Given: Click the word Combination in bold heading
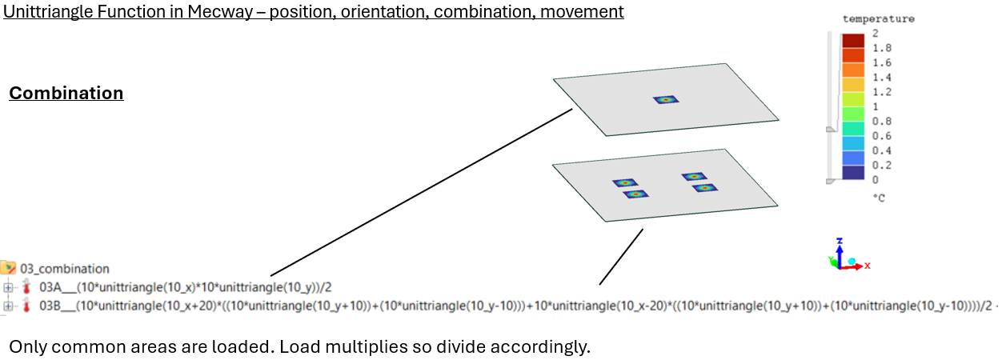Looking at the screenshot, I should (x=66, y=94).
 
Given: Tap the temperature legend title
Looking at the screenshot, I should (x=878, y=18).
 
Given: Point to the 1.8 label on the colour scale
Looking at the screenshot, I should (x=882, y=48).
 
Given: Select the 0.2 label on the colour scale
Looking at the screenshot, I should (x=882, y=166).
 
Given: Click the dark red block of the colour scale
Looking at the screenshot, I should (x=852, y=41).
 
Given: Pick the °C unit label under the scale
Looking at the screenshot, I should (x=880, y=196).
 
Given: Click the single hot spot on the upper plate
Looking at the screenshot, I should (x=666, y=100).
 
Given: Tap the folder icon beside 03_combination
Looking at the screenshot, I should (x=9, y=268).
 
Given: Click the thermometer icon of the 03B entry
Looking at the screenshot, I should (x=26, y=306).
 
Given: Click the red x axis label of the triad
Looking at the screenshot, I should (x=867, y=265).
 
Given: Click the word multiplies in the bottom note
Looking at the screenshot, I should (x=386, y=348).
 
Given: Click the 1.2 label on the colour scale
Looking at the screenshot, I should (x=882, y=92).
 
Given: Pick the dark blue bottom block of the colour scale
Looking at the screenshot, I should (x=852, y=172).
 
